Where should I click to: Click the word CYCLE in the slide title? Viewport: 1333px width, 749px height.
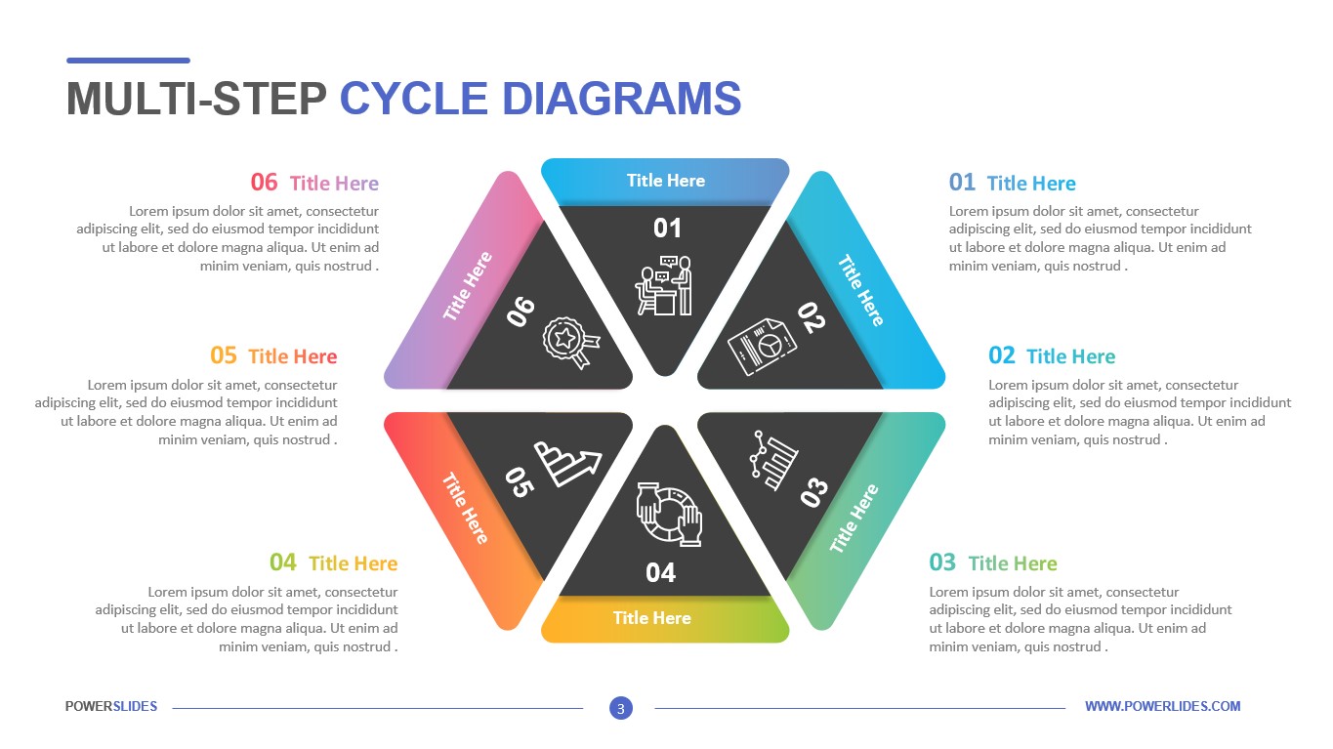[413, 99]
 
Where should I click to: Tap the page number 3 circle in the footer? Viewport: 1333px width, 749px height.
[620, 708]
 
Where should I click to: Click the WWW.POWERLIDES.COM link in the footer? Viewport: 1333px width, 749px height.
[1162, 706]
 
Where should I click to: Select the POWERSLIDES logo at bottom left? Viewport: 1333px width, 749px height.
[111, 706]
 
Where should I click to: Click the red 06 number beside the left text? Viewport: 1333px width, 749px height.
[264, 182]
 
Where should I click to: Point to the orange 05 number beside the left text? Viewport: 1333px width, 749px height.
[224, 355]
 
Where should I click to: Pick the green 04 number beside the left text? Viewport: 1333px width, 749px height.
[283, 562]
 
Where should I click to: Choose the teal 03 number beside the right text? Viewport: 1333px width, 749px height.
[942, 562]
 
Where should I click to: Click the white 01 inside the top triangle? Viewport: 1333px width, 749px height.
[667, 229]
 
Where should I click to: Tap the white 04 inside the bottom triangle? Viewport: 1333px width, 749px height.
[661, 573]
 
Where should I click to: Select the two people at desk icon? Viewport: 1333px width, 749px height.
[665, 286]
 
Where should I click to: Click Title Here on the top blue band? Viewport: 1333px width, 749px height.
[665, 181]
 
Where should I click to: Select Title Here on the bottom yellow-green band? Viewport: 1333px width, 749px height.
[651, 618]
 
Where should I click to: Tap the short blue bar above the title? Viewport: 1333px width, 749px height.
[128, 61]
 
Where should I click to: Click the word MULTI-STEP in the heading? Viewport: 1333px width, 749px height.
[196, 99]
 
